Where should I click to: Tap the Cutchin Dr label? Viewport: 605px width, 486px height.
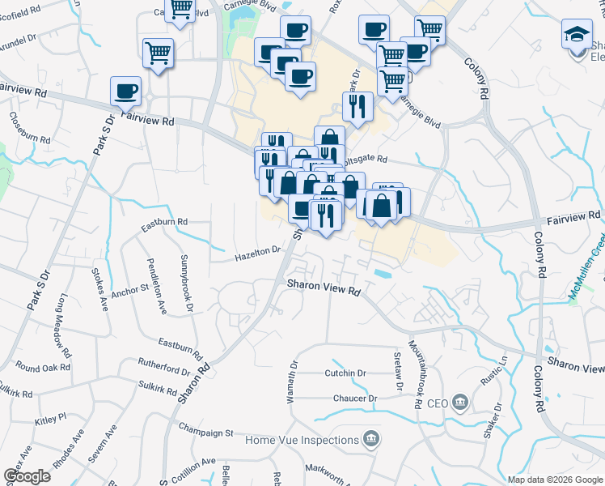tap(345, 373)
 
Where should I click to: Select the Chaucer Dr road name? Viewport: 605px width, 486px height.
tap(355, 399)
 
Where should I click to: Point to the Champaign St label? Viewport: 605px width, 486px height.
tap(205, 425)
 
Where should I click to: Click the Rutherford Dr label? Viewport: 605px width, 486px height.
tap(163, 363)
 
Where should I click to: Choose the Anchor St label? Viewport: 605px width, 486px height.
tap(130, 288)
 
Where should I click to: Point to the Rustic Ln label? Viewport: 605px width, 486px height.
tap(503, 370)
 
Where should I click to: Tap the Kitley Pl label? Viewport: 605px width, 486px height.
tap(50, 421)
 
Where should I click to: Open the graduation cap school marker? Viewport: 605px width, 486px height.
tap(577, 34)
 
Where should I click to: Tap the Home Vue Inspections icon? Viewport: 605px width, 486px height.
tap(370, 440)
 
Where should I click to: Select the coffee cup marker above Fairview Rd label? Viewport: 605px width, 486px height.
tap(125, 91)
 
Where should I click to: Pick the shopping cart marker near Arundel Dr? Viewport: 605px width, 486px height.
tap(158, 53)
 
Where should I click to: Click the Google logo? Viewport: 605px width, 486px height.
tap(27, 476)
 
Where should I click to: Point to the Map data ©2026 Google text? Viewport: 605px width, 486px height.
tap(555, 480)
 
